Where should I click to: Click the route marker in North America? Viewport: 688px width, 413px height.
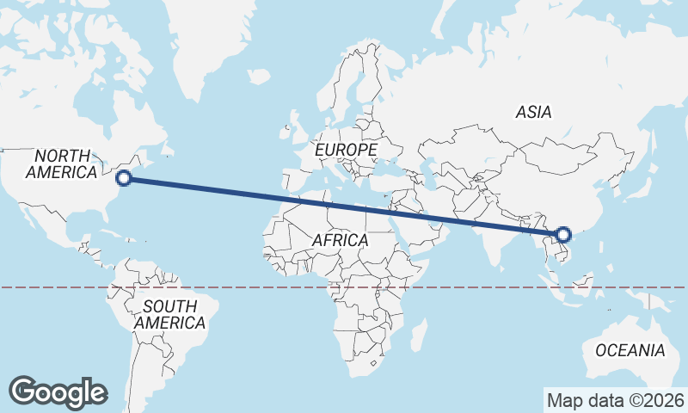pos(123,178)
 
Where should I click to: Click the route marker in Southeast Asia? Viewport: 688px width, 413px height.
pos(563,234)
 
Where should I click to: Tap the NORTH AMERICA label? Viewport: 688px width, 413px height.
pos(61,163)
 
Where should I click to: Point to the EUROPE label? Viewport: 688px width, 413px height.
pos(346,150)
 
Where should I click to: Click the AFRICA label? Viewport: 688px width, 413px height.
pos(340,240)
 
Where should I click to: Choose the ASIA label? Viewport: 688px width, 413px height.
pos(533,112)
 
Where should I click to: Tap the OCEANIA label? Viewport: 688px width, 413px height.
pos(630,350)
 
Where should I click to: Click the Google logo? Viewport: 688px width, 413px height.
pos(58,391)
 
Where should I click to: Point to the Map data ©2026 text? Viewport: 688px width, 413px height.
pos(616,400)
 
